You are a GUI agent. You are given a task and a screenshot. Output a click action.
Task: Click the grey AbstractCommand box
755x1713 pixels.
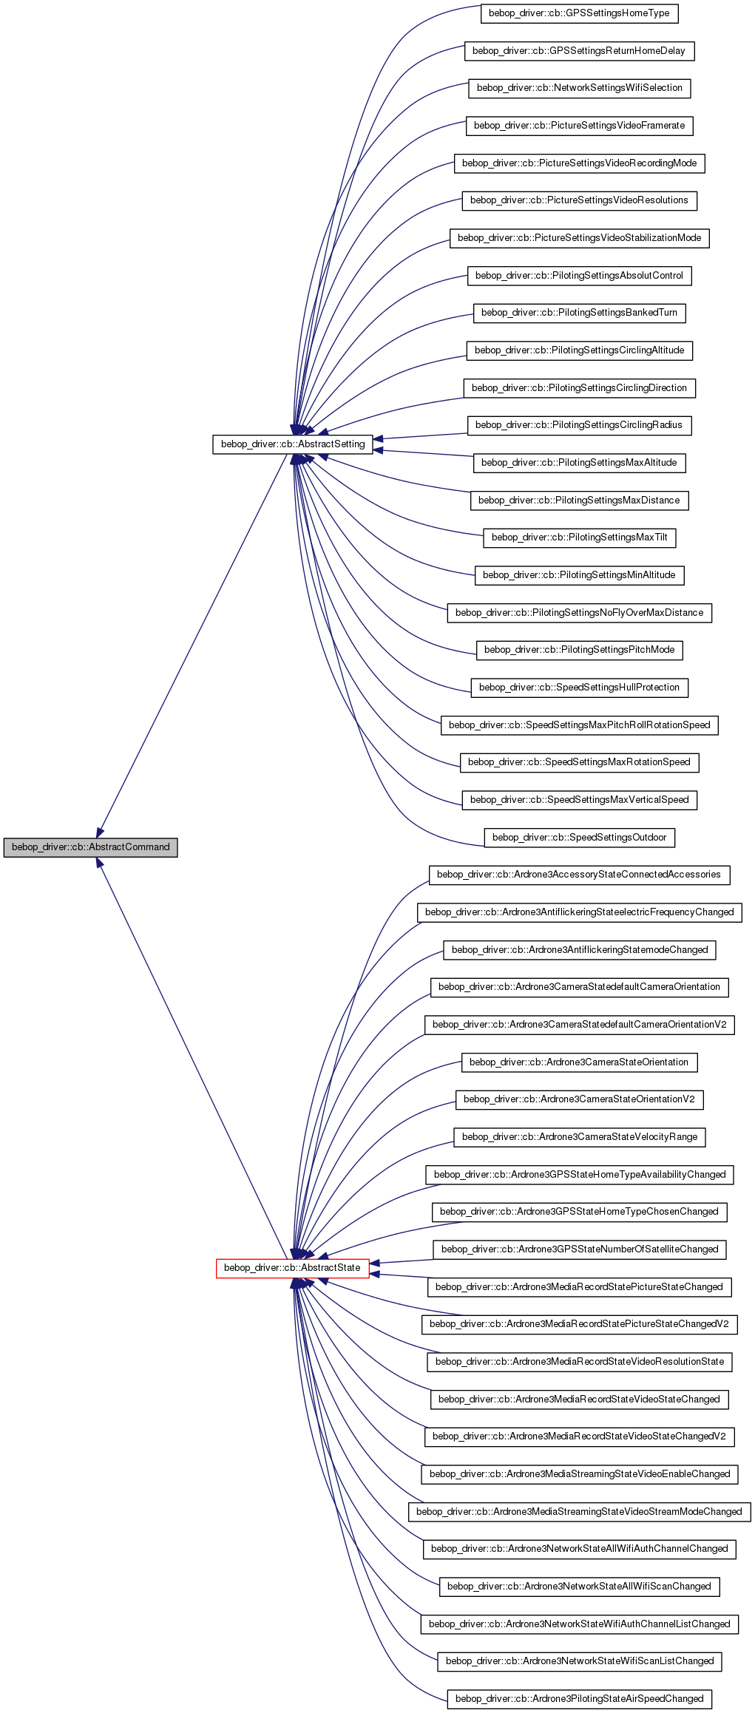click(x=90, y=847)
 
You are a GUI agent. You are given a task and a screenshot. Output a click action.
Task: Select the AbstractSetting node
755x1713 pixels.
click(x=293, y=444)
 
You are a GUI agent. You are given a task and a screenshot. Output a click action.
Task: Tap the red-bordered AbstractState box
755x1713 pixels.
click(x=292, y=1267)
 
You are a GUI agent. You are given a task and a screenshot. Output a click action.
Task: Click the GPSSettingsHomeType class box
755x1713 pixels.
click(x=579, y=13)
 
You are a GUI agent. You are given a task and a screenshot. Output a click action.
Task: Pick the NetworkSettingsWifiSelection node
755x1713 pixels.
click(x=579, y=88)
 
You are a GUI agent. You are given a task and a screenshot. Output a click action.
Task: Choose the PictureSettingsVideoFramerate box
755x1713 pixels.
click(x=579, y=126)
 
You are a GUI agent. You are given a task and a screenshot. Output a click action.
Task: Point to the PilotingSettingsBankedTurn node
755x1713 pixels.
click(x=579, y=313)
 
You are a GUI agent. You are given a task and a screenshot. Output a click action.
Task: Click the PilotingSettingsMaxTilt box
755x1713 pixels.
click(x=579, y=537)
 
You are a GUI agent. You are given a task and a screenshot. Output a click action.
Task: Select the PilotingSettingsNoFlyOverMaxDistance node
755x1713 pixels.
click(x=579, y=613)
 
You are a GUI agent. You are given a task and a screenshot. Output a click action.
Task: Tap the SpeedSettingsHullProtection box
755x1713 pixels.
click(x=579, y=688)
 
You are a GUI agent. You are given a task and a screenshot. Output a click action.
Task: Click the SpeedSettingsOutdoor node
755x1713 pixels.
click(x=579, y=838)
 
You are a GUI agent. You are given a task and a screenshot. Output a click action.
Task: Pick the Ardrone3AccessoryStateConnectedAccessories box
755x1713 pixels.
click(x=579, y=875)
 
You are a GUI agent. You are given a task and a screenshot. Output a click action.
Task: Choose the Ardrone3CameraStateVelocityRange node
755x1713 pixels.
click(x=579, y=1137)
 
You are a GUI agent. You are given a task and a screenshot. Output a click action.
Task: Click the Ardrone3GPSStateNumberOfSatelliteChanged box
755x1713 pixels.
click(x=579, y=1249)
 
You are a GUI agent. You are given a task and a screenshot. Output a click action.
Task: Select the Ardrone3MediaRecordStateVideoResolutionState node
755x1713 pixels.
click(x=579, y=1362)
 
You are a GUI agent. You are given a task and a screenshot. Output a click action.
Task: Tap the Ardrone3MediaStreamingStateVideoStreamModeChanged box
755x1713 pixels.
click(x=579, y=1512)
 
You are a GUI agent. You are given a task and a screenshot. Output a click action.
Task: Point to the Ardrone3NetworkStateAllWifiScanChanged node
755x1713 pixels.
click(x=579, y=1587)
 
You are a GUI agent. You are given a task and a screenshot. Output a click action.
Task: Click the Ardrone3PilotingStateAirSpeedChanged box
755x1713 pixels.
click(x=579, y=1699)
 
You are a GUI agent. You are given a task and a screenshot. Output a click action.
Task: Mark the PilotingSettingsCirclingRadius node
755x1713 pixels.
click(x=579, y=425)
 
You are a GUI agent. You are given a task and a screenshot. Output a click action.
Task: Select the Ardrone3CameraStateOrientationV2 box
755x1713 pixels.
click(x=579, y=1099)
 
